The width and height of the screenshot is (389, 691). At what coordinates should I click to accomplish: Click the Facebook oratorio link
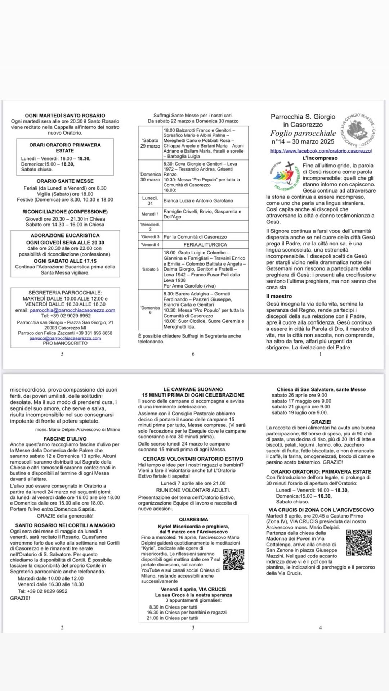pyautogui.click(x=321, y=151)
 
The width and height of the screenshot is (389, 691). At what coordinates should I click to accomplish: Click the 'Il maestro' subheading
pyautogui.click(x=279, y=296)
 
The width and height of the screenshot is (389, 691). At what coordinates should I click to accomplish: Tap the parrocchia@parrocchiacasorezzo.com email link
pyautogui.click(x=72, y=310)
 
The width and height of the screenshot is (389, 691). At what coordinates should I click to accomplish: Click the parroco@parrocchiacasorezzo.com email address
pyautogui.click(x=65, y=338)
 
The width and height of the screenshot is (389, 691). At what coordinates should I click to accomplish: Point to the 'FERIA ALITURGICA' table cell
pyautogui.click(x=205, y=245)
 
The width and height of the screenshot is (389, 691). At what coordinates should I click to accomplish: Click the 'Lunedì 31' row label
pyautogui.click(x=150, y=200)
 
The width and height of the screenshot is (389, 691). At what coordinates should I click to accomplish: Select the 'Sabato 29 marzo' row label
pyautogui.click(x=150, y=143)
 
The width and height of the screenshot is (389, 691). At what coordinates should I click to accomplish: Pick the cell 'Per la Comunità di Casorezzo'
pyautogui.click(x=195, y=237)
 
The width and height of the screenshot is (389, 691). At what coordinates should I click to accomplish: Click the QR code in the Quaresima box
pyautogui.click(x=234, y=560)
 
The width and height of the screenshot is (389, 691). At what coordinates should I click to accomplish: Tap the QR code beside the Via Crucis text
pyautogui.click(x=359, y=543)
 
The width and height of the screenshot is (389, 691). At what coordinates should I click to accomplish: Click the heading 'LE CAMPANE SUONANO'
pyautogui.click(x=193, y=389)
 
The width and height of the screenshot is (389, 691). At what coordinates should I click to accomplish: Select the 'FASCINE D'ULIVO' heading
pyautogui.click(x=65, y=439)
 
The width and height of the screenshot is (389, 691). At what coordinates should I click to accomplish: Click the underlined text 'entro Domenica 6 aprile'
pyautogui.click(x=68, y=509)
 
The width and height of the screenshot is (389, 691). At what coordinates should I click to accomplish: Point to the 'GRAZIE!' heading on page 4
pyautogui.click(x=321, y=422)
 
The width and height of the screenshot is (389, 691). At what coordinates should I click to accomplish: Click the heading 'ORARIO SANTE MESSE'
pyautogui.click(x=65, y=181)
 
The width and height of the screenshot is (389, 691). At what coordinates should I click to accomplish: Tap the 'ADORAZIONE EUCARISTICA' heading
pyautogui.click(x=65, y=235)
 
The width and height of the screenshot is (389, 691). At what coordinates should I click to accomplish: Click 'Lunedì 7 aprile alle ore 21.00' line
pyautogui.click(x=193, y=483)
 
